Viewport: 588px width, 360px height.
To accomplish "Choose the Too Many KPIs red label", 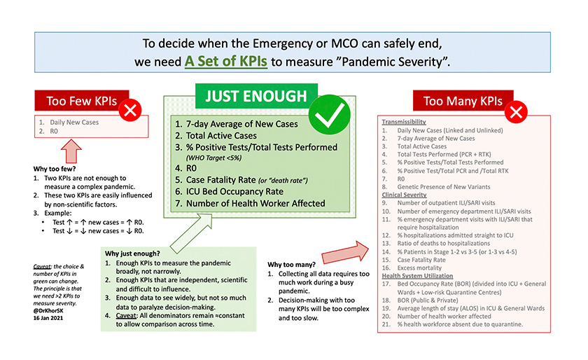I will pyautogui.click(x=463, y=102).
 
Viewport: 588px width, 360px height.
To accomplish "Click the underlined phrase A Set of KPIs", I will pyautogui.click(x=225, y=61).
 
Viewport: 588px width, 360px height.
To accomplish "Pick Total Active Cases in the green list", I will pyautogui.click(x=223, y=135).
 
